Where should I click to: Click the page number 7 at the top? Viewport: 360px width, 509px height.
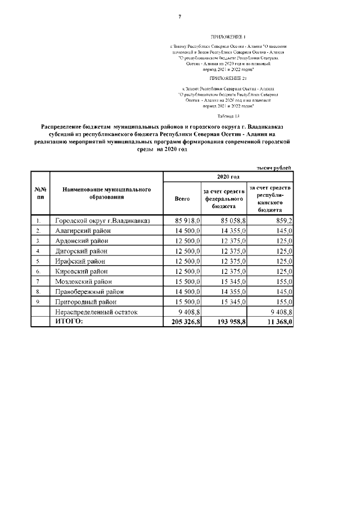pyautogui.click(x=179, y=16)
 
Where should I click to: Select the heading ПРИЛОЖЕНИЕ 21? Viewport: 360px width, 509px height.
pyautogui.click(x=228, y=80)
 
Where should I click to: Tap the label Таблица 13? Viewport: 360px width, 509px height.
pyautogui.click(x=228, y=115)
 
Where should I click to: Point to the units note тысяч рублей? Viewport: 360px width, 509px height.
pyautogui.click(x=274, y=168)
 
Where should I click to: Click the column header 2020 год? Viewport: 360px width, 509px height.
pyautogui.click(x=228, y=177)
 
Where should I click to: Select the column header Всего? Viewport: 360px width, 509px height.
pyautogui.click(x=182, y=199)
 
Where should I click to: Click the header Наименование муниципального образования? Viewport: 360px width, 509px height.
pyautogui.click(x=106, y=193)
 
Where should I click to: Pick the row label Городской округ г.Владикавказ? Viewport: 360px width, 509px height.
pyautogui.click(x=102, y=220)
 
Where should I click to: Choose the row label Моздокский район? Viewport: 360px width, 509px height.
pyautogui.click(x=83, y=281)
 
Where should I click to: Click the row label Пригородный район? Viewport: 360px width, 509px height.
pyautogui.click(x=85, y=301)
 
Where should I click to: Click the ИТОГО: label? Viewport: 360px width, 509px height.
pyautogui.click(x=69, y=321)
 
